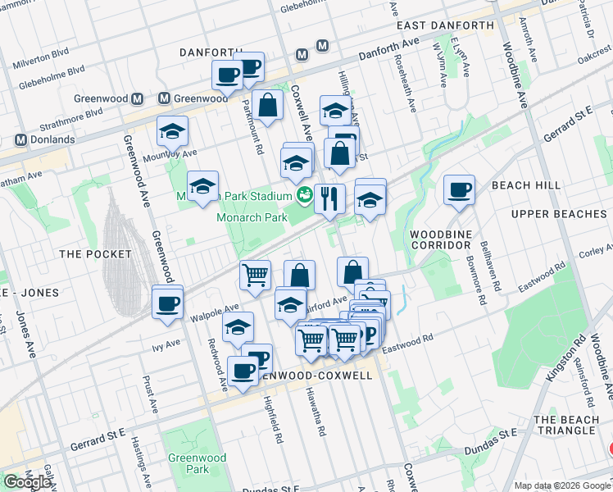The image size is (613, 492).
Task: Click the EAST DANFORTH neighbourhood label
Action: click(445, 25)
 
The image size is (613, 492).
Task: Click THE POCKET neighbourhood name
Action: click(90, 254)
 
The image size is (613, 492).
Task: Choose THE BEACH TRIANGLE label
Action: click(565, 425)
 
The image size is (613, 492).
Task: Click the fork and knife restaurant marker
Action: click(329, 198)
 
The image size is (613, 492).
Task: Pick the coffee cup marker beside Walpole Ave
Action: click(167, 303)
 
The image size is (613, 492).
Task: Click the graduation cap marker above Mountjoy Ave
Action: click(173, 131)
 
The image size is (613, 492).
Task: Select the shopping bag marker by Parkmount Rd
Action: click(267, 105)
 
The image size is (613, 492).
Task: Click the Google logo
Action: click(27, 482)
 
